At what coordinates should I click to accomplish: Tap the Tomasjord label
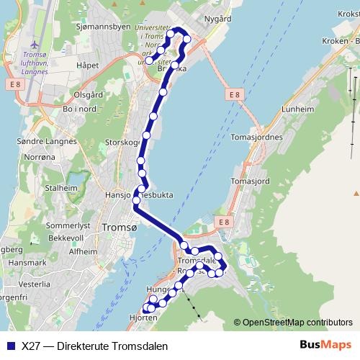pos(251,181)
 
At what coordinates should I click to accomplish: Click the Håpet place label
pos(86,65)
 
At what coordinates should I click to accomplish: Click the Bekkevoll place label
pos(68,238)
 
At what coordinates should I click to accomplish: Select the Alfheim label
pos(81,251)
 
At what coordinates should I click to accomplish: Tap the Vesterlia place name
pos(35,284)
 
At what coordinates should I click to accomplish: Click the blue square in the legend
pos(9,346)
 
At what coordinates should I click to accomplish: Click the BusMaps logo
pos(325,346)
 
